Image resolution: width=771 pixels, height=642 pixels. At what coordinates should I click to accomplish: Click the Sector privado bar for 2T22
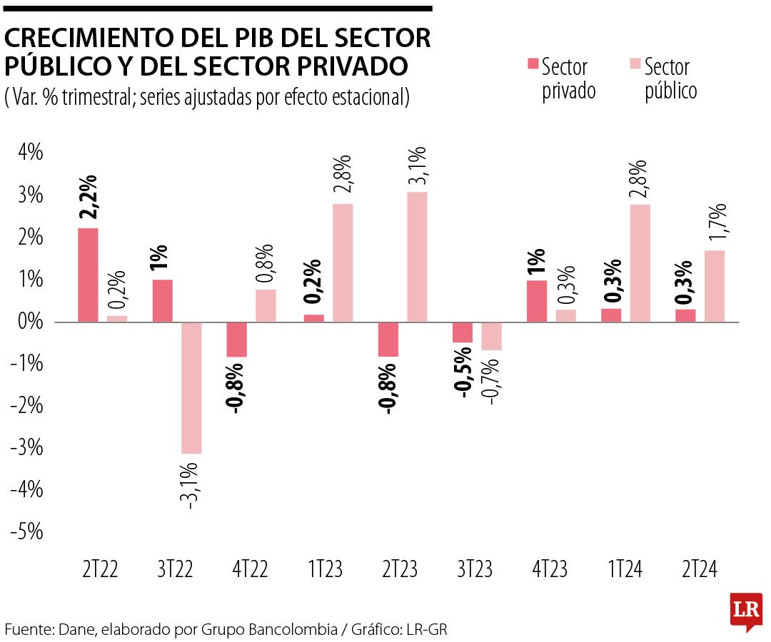[x=88, y=275]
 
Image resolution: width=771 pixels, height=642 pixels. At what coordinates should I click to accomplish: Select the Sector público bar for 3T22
[x=191, y=387]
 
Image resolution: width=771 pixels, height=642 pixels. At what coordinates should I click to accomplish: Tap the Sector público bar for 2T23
[x=417, y=257]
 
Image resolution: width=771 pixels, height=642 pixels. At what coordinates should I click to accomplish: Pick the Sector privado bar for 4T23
[x=536, y=301]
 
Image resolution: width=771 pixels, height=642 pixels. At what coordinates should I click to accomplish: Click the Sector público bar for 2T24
[x=715, y=286]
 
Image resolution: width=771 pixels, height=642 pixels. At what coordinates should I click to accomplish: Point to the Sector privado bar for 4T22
[x=237, y=339]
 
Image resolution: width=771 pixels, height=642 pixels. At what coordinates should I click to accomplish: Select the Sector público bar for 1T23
[x=343, y=263]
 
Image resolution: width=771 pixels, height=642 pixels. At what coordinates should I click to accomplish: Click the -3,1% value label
[x=191, y=486]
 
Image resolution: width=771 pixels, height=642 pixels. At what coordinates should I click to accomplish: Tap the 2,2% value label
[x=89, y=198]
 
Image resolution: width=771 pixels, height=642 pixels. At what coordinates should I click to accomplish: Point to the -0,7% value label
[x=493, y=382]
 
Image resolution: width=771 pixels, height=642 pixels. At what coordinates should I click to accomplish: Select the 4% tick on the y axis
[x=27, y=153]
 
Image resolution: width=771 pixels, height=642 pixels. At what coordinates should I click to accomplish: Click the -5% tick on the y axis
[x=26, y=532]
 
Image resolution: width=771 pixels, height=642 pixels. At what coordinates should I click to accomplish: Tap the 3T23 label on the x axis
[x=474, y=569]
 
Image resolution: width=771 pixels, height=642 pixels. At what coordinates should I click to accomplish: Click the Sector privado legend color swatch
[x=532, y=64]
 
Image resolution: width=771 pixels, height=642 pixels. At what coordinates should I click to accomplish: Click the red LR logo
[x=746, y=610]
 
